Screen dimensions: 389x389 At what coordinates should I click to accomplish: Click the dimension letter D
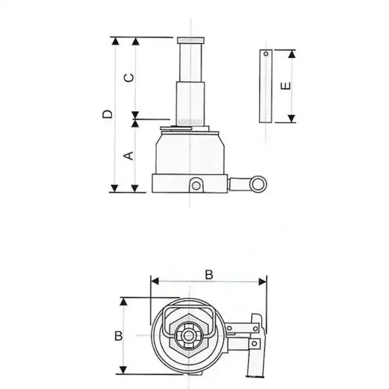[x=107, y=114]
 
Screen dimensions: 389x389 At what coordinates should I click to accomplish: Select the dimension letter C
[x=129, y=78]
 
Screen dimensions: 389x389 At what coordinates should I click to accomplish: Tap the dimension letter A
[x=128, y=156]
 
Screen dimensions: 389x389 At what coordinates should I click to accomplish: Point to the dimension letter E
[x=285, y=86]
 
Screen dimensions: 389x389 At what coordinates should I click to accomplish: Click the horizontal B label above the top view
[x=209, y=275]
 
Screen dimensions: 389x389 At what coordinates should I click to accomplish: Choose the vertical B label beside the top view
[x=119, y=336]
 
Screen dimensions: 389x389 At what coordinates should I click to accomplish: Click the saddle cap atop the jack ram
[x=191, y=40]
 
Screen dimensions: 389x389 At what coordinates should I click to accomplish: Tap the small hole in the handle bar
[x=266, y=53]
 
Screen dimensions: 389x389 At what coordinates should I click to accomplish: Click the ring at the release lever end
[x=258, y=184]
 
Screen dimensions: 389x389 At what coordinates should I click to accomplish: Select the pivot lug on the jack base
[x=196, y=185]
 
